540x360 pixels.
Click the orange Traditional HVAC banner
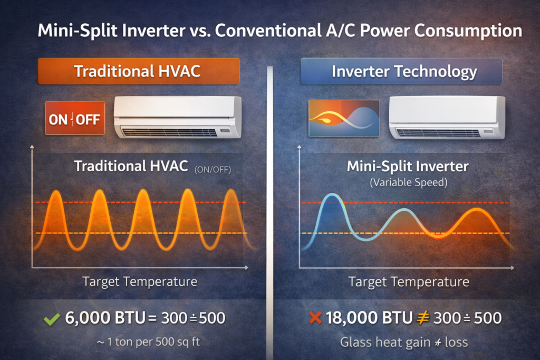coord(138,71)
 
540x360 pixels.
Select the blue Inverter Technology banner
coord(401,71)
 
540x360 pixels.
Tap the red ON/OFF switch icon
coord(74,119)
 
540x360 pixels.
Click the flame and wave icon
coord(343,119)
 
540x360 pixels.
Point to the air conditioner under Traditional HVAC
coord(178,117)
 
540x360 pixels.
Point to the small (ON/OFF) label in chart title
coord(213,170)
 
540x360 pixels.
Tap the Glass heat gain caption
coord(404,342)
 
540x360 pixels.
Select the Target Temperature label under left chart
coord(140,281)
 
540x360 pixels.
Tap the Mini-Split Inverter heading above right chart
coord(407,167)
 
